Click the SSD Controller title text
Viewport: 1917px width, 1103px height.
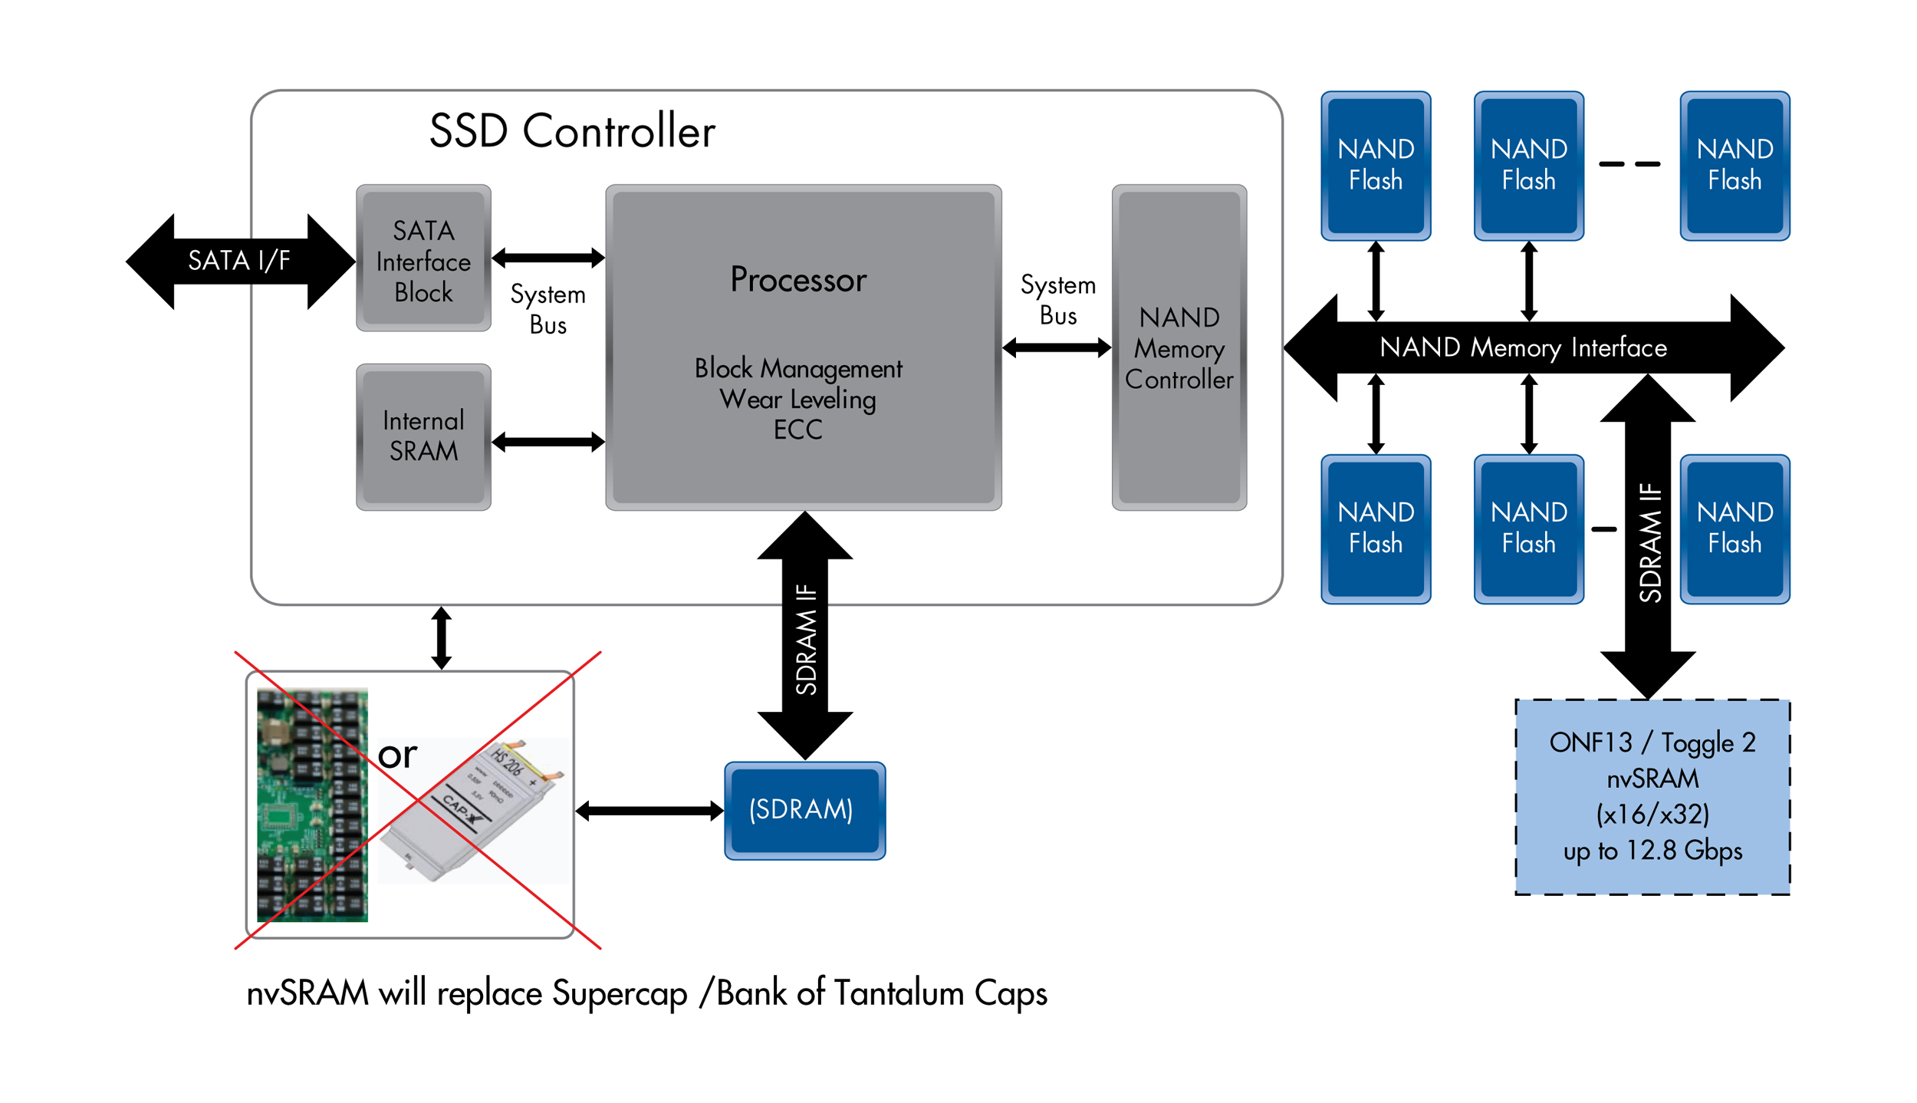click(x=571, y=130)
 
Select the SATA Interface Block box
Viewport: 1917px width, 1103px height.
click(x=423, y=258)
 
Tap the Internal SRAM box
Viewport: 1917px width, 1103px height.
click(x=423, y=436)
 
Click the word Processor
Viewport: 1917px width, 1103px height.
click(x=798, y=279)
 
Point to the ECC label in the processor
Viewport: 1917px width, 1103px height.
click(x=797, y=430)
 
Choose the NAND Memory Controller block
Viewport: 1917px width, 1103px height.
click(x=1179, y=347)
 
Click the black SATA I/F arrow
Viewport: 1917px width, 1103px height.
click(x=239, y=261)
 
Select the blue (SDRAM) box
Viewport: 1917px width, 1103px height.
click(x=804, y=810)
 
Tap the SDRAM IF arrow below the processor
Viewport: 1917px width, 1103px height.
click(x=805, y=637)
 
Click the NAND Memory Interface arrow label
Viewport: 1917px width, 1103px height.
click(x=1523, y=347)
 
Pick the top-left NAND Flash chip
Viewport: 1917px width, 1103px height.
click(x=1376, y=165)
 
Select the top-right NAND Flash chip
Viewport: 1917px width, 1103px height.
click(x=1735, y=165)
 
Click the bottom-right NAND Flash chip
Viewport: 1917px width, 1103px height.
click(x=1735, y=528)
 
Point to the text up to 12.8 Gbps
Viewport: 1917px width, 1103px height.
click(x=1652, y=851)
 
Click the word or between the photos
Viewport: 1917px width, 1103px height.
click(x=397, y=755)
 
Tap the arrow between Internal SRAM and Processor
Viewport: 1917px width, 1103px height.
click(x=548, y=442)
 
